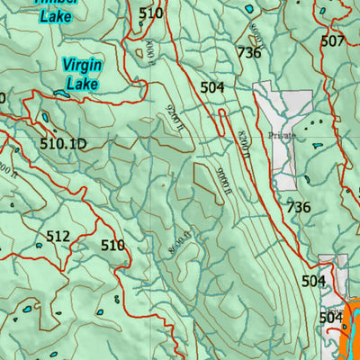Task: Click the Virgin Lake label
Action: [x=82, y=74]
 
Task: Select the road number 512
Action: [x=58, y=237]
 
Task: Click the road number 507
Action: [x=333, y=40]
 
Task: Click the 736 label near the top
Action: [x=248, y=53]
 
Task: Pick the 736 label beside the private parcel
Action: [x=298, y=207]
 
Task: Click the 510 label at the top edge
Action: [x=151, y=13]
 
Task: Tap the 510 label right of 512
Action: [x=112, y=245]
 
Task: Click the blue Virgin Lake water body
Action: [x=60, y=93]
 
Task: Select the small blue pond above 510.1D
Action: [x=45, y=117]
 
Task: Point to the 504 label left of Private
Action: [x=212, y=87]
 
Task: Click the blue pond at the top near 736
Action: [x=248, y=8]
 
